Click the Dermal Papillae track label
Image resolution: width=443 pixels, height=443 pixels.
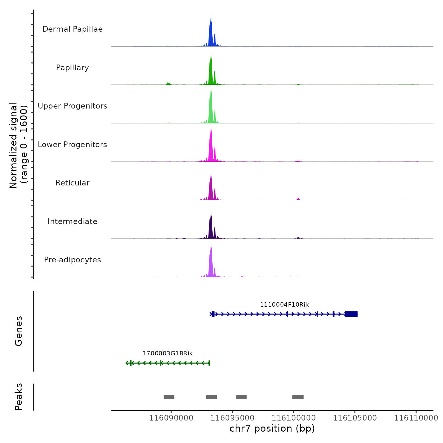[x=72, y=29]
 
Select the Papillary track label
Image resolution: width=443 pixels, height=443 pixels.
[x=72, y=68]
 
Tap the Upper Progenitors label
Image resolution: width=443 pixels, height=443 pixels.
[x=72, y=106]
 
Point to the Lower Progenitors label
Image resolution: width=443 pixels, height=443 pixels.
[x=72, y=145]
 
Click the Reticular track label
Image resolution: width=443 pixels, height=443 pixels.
[x=72, y=183]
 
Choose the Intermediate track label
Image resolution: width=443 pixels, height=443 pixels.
[x=72, y=221]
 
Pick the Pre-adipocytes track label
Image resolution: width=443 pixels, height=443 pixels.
[x=72, y=260]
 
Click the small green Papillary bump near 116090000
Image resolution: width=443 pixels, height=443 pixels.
[x=168, y=84]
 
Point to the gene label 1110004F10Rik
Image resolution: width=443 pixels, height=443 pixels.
[x=284, y=305]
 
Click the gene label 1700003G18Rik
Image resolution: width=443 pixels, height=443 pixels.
[x=167, y=353]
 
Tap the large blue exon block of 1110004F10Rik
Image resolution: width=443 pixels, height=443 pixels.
[x=351, y=314]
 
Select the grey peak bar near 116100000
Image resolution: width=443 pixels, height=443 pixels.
[x=298, y=397]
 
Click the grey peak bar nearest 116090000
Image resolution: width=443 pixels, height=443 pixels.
[x=169, y=397]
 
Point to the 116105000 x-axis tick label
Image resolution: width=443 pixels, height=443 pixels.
[x=355, y=418]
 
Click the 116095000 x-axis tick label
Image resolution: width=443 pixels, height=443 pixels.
[x=233, y=418]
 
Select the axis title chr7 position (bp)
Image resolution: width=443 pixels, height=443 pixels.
[x=272, y=428]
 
